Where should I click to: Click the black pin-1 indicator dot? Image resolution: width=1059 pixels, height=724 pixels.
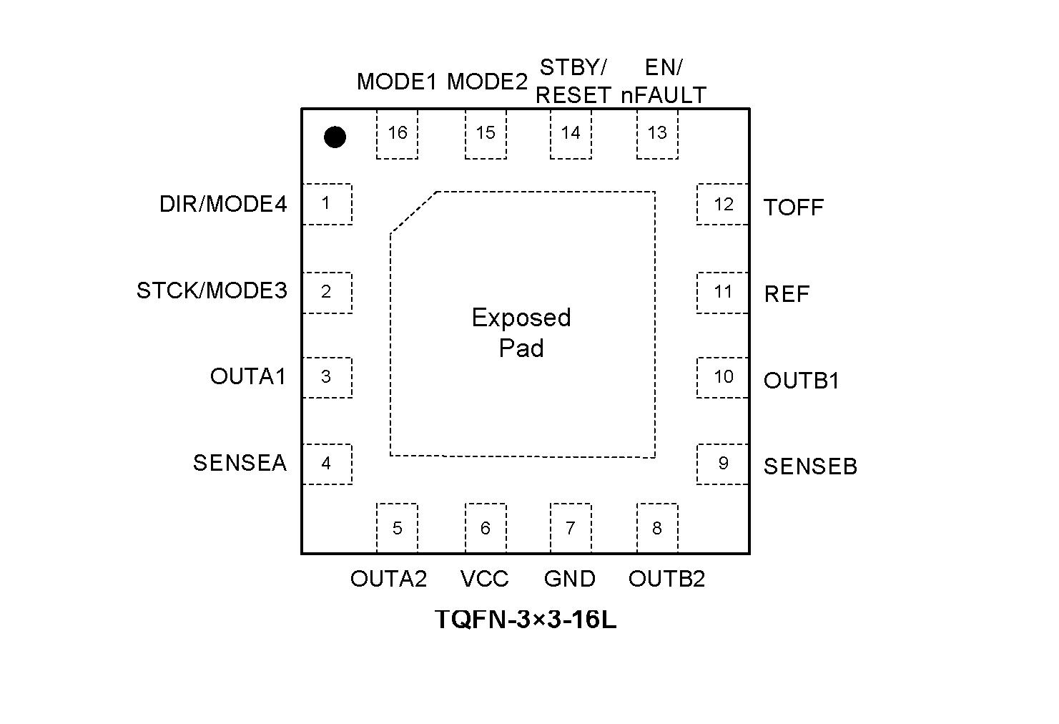coord(335,137)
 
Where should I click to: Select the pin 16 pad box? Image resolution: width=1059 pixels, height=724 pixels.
coord(397,134)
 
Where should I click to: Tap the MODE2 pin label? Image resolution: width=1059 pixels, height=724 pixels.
coord(487,82)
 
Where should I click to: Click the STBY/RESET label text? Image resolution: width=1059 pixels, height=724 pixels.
coord(573,82)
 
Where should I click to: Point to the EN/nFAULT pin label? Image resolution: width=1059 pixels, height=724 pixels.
coord(664,82)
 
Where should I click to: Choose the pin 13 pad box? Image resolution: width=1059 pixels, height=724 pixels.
coord(657,134)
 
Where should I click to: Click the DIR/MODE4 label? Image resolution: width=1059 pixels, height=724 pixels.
coord(223,205)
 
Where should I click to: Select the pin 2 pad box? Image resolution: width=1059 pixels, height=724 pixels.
coord(327,293)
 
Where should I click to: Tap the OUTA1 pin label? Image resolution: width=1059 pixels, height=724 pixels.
coord(248,376)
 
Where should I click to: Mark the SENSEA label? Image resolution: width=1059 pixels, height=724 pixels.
coord(240,463)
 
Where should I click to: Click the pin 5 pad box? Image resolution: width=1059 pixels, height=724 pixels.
coord(397,528)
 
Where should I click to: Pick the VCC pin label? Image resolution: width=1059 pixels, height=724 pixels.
coord(485,579)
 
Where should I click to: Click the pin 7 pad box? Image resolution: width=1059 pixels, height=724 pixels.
coord(571,528)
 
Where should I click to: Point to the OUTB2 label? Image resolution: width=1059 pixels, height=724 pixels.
coord(666,579)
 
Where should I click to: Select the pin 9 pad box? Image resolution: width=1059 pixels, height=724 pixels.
coord(723,464)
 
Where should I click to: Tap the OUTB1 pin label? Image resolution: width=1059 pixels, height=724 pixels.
coord(802,381)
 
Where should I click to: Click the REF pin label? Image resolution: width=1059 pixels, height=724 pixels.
coord(787,294)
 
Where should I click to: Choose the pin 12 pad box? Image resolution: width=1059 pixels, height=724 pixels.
coord(723,205)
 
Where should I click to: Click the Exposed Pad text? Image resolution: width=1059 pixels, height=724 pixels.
coord(521,333)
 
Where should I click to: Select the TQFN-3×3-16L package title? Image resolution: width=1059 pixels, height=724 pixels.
coord(526,620)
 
